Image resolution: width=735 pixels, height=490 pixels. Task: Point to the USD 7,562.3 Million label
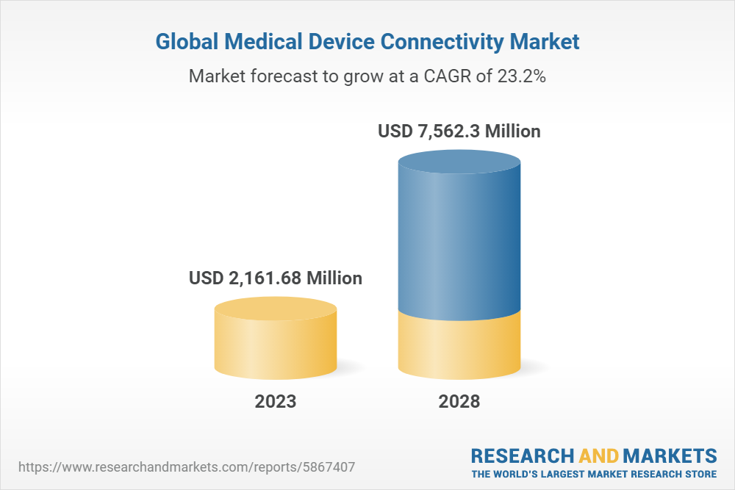pos(459,131)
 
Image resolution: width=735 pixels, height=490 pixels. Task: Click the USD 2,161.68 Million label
pos(276,278)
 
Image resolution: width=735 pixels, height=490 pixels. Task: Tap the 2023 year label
pos(276,402)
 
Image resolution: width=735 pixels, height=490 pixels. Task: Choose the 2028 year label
pos(459,402)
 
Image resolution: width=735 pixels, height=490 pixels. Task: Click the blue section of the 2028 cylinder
pos(459,242)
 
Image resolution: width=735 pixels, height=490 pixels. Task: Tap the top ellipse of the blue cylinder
pos(459,163)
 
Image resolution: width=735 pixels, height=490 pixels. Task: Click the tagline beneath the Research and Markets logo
pos(594,473)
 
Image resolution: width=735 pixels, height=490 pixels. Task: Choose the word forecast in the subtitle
pos(282,76)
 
